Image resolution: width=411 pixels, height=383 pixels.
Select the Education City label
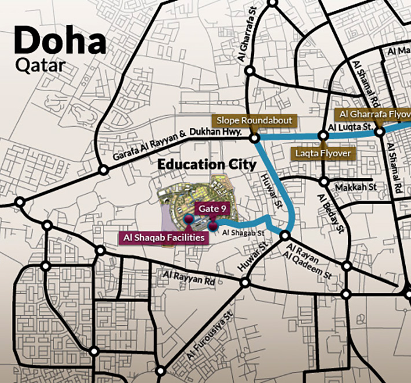pos(207,164)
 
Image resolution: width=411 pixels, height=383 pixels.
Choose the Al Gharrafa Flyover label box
pos(373,113)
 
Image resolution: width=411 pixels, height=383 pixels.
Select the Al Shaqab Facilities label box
pos(163,237)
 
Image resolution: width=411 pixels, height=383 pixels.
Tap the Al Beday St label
pos(331,212)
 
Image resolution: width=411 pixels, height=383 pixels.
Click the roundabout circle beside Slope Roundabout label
pos(254,138)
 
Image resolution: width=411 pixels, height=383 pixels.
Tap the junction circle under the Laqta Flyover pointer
pos(324,137)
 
